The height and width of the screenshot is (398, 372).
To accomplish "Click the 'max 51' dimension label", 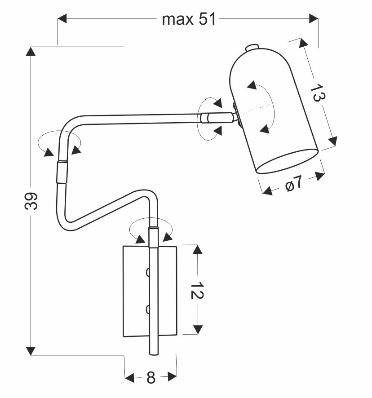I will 189,19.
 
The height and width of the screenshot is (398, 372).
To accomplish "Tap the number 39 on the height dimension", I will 31,202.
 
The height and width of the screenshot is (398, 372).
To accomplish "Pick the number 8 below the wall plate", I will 151,378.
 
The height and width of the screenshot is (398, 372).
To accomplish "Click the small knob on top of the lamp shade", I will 253,46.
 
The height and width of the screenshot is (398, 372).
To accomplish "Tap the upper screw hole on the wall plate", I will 147,271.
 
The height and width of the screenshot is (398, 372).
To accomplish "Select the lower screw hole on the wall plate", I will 147,309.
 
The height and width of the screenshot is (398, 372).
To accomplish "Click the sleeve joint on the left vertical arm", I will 62,172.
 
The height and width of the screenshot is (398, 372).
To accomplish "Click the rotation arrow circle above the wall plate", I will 151,232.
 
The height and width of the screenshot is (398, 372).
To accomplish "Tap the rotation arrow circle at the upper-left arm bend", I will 59,143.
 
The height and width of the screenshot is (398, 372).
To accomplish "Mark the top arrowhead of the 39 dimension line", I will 31,51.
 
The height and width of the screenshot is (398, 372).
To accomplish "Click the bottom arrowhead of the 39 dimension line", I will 31,350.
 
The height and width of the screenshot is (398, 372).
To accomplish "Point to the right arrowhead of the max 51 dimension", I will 314,18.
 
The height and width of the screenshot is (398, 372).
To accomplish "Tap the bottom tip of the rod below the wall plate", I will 153,354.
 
